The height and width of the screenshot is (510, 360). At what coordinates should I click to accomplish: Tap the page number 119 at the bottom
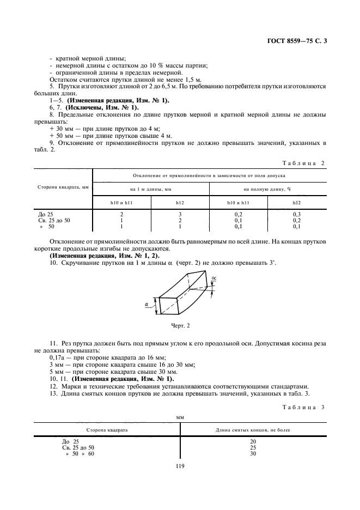coord(180,465)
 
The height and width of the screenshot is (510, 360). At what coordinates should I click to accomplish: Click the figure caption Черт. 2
coord(180,325)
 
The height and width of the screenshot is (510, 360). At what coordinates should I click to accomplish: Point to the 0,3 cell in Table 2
coord(297,215)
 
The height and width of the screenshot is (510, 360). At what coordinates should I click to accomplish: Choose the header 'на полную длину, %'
coord(268,188)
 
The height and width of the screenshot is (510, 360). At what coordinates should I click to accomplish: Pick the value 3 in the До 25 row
coord(180,215)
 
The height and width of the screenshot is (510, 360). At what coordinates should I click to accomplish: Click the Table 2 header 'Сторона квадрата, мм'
coord(63,188)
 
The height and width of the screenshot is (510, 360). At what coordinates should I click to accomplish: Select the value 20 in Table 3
coord(253,441)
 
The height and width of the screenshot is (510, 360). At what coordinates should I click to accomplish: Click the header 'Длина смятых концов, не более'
coord(253,430)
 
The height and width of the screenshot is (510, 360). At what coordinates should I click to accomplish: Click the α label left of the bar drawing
coord(147,305)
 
